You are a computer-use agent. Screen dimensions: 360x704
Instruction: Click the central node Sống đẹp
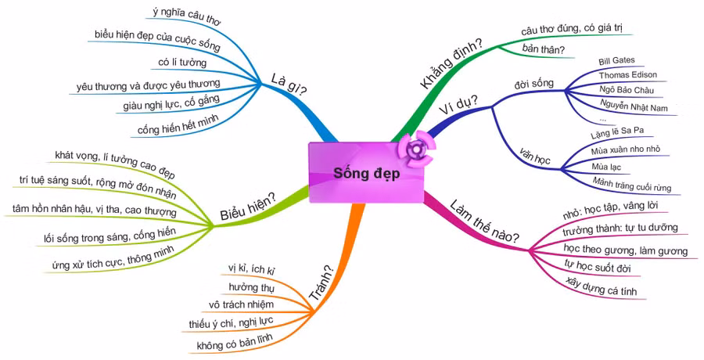click(366, 174)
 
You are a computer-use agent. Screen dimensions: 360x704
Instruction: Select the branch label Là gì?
click(288, 84)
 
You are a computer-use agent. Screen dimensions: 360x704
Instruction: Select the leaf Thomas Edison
click(627, 75)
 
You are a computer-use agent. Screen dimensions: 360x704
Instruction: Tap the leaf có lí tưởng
click(182, 63)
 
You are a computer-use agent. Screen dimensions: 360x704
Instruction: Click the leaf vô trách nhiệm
click(241, 305)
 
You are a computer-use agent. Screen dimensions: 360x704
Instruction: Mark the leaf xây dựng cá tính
click(607, 287)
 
